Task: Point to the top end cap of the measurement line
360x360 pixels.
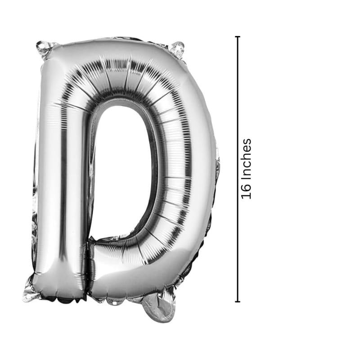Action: coord(238,37)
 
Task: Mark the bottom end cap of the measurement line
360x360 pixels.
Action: coord(238,301)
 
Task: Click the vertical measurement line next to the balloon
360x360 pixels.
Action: coord(238,169)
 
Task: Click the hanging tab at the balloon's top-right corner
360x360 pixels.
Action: coord(177,49)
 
